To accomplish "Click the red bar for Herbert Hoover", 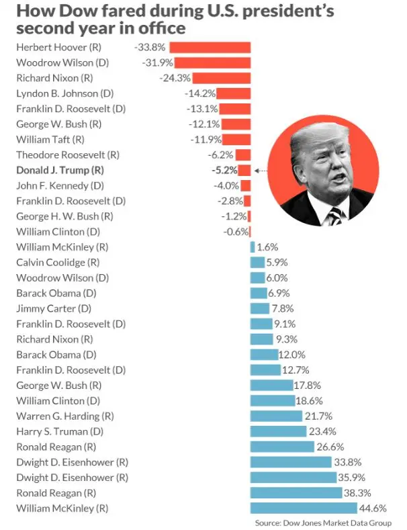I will point(210,47).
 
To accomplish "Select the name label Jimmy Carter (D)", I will point(54,308).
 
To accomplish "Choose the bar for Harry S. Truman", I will point(278,431).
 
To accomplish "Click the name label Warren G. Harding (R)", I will point(65,416).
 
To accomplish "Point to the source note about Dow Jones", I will point(323,523).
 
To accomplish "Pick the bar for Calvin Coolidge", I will point(257,262).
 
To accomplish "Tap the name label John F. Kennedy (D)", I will point(60,185).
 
